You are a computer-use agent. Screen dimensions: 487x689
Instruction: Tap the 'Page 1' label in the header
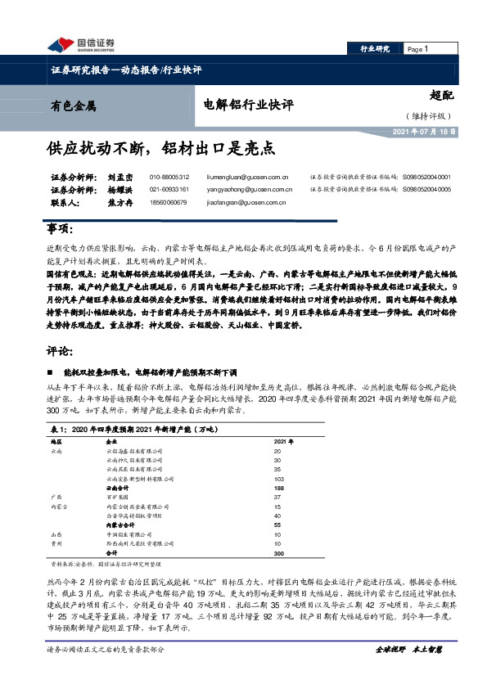click(417, 49)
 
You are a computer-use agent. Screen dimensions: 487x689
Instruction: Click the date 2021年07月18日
click(425, 130)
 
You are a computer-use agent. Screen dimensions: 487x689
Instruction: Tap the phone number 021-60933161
click(169, 189)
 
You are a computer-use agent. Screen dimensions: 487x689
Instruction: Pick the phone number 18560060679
click(169, 201)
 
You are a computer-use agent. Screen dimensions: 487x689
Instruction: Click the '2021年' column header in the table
click(281, 440)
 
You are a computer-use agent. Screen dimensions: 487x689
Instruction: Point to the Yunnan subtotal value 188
click(278, 486)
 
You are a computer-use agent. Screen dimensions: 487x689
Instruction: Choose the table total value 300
click(278, 553)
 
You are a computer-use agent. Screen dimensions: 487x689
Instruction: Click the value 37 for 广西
click(277, 497)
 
